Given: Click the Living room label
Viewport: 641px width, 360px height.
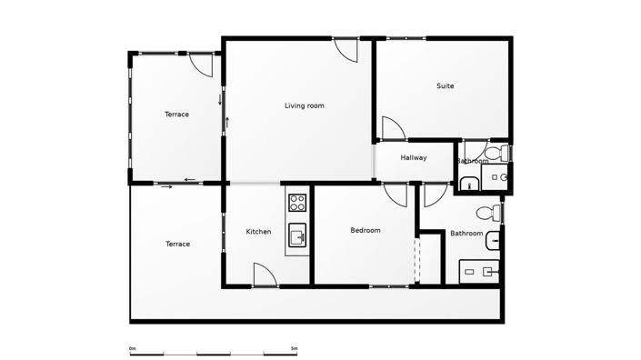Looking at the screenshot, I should pos(304,105).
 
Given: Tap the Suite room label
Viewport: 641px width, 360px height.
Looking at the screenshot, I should pos(445,86).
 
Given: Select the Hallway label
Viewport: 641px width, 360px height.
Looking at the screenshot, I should pos(414,158).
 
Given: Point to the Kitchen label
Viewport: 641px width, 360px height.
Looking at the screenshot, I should pos(258,232).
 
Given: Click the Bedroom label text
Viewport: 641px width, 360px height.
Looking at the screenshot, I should pos(366,230).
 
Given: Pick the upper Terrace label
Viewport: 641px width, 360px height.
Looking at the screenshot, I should pos(176,115).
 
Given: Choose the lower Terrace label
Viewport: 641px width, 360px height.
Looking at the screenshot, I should pos(177,244).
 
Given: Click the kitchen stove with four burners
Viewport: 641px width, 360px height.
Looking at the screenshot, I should pos(297,202).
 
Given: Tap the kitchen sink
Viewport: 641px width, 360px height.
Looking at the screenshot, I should pos(297,238).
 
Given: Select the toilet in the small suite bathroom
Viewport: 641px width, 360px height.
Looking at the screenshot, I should pos(496,151).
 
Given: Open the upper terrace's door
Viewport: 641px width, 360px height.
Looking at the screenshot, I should pos(202,64).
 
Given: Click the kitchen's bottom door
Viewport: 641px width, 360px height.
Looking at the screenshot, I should pos(265,275).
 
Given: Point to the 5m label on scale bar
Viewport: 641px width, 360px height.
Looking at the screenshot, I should pos(294,348).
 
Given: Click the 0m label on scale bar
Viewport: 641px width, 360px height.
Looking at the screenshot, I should pos(133,348).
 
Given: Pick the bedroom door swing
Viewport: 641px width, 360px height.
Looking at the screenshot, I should pos(396,195).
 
